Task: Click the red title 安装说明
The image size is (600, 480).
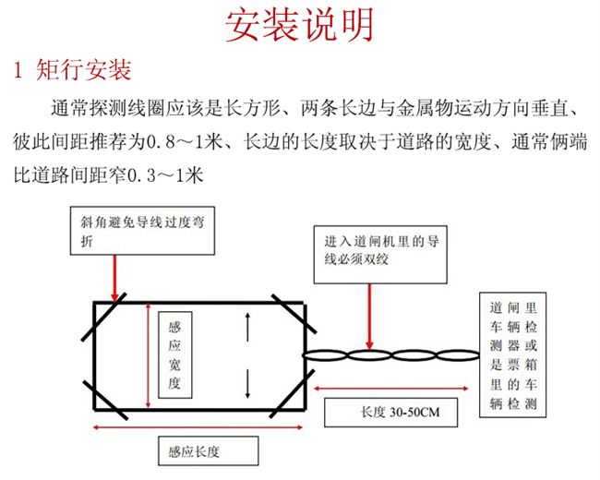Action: (x=300, y=26)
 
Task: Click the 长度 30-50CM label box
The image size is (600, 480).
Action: (x=392, y=411)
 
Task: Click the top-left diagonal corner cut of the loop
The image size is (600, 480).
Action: (x=105, y=311)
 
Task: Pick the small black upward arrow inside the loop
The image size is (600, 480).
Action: (x=246, y=325)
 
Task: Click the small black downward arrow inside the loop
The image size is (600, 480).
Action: (x=246, y=380)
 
